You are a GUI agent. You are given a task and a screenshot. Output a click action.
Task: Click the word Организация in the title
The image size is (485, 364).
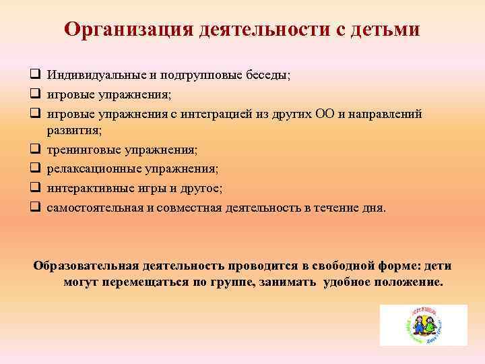[x=125, y=30]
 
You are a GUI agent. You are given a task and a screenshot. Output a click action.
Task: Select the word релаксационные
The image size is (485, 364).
[x=88, y=169]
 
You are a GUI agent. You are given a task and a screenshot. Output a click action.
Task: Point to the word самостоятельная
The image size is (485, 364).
[x=94, y=208]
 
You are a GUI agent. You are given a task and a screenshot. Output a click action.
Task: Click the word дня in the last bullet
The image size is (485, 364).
[x=374, y=208]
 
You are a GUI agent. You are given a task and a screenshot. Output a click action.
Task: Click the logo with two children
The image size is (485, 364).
[x=423, y=325]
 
